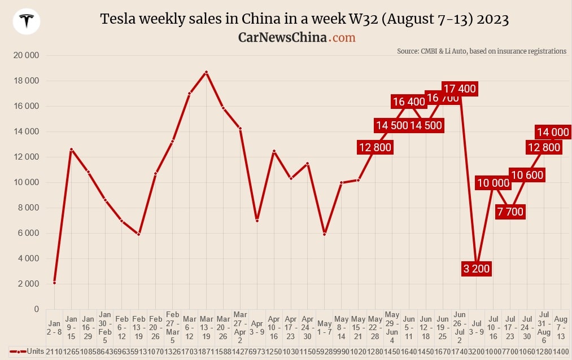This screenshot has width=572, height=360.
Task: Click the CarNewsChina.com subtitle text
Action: tap(296, 37)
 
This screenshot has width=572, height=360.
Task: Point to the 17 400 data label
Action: tap(460, 89)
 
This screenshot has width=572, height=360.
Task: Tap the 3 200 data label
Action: tap(476, 269)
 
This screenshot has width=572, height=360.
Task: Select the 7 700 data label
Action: tap(510, 212)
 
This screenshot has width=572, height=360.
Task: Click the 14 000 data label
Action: tap(552, 132)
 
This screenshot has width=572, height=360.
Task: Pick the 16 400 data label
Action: tap(409, 102)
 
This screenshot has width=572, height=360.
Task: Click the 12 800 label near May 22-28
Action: tap(375, 147)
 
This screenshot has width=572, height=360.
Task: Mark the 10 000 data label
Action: tap(492, 183)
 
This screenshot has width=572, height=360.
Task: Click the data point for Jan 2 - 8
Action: tap(54, 283)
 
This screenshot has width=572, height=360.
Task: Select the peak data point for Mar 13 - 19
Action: tap(206, 72)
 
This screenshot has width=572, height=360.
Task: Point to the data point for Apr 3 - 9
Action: tap(257, 221)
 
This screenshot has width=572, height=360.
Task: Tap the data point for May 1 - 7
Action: tap(324, 234)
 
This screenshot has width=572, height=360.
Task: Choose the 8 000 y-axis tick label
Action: tap(27, 208)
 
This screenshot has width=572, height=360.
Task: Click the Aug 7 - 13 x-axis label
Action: tap(561, 328)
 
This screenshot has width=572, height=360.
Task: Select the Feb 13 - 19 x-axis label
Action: tap(139, 328)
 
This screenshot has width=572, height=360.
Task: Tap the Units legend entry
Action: tap(28, 352)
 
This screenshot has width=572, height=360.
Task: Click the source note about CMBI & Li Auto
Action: tap(481, 51)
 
